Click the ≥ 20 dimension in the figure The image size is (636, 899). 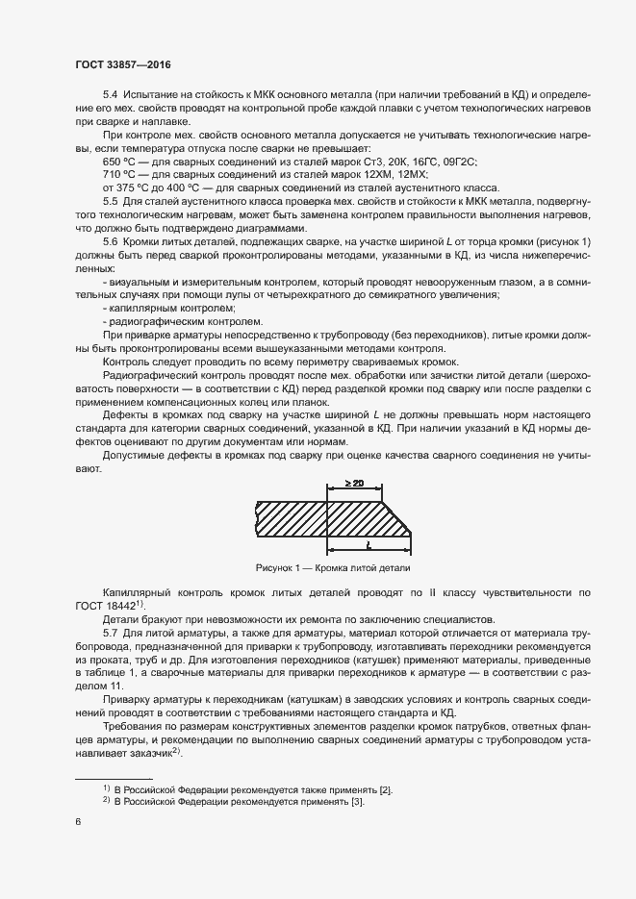click(x=352, y=484)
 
